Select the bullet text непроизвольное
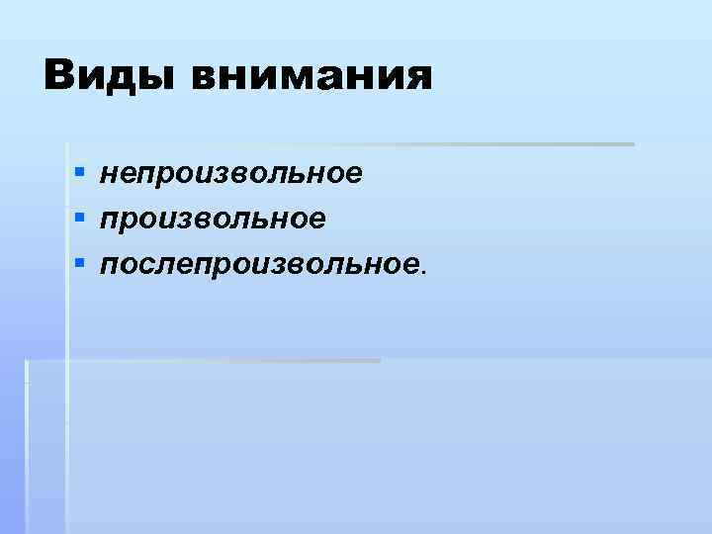(x=230, y=174)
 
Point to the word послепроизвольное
(x=261, y=262)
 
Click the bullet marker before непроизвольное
(x=77, y=175)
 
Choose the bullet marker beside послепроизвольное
(x=77, y=263)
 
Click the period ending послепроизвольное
(x=426, y=270)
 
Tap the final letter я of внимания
(x=417, y=79)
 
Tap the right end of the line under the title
(x=630, y=144)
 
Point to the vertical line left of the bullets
(x=66, y=297)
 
